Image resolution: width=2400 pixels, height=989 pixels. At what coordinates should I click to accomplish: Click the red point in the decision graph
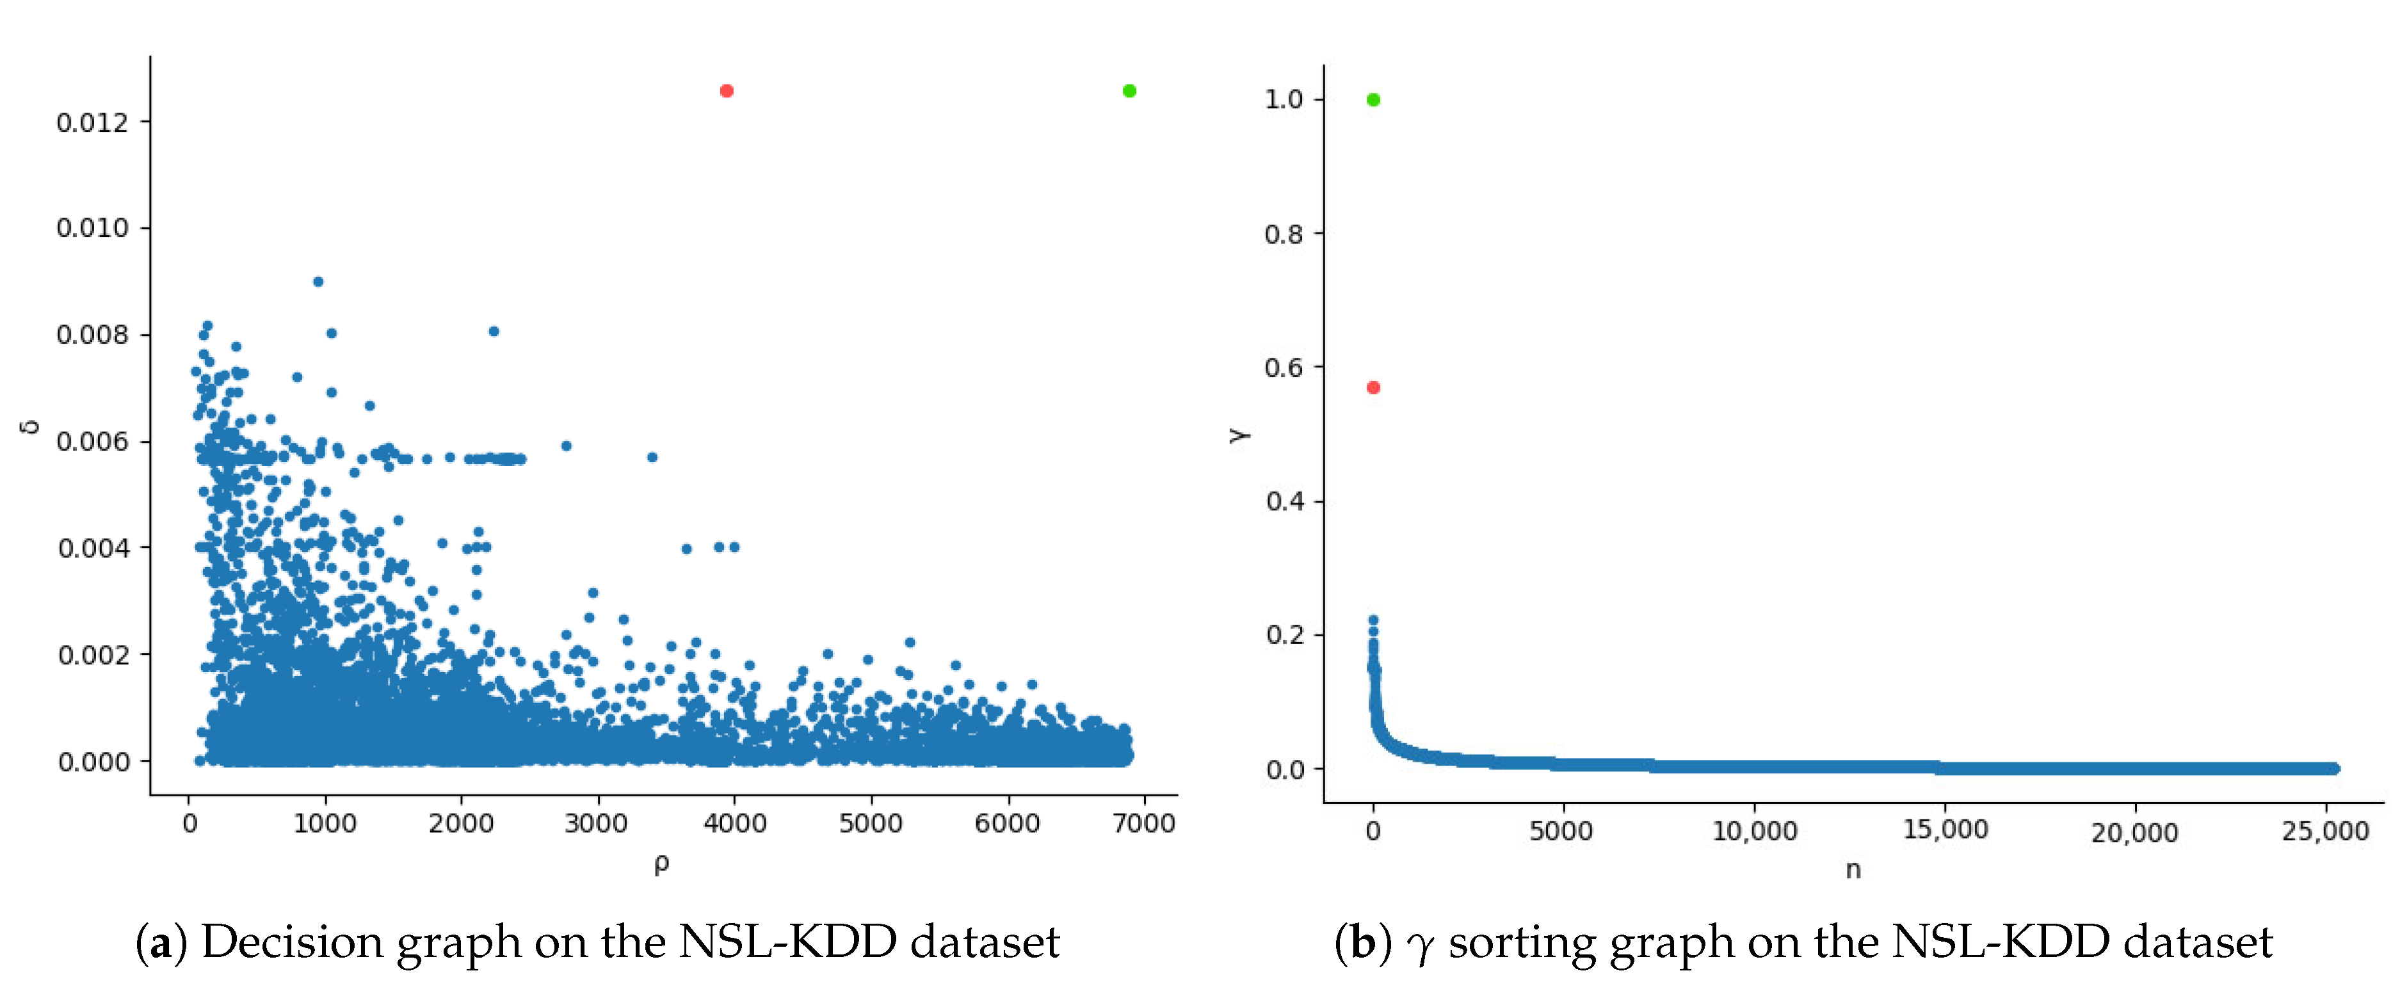pos(727,90)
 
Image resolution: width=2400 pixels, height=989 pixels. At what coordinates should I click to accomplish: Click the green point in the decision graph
pos(1129,90)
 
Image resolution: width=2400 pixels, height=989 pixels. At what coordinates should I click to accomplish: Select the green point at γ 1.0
pos(1373,100)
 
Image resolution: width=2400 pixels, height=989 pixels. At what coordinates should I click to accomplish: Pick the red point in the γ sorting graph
pos(1373,387)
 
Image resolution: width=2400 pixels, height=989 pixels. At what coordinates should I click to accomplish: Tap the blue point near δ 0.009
pos(318,281)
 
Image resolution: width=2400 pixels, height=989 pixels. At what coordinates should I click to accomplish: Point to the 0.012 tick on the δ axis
pos(92,122)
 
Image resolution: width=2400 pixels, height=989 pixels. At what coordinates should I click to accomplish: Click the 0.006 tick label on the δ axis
pos(92,442)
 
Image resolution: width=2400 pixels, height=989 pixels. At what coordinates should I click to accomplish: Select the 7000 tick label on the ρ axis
pos(1143,823)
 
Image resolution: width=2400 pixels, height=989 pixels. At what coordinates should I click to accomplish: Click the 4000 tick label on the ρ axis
pos(734,823)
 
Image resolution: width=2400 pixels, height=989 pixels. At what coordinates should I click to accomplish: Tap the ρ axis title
pos(661,864)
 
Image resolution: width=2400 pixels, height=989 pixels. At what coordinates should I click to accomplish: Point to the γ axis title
pos(1238,434)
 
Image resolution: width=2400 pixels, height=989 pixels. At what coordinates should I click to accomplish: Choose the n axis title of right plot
pos(1853,870)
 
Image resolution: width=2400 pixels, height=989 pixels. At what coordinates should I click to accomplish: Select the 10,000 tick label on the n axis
pos(1754,831)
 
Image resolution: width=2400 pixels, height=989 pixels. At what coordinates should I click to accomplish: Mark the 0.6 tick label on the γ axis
pos(1283,368)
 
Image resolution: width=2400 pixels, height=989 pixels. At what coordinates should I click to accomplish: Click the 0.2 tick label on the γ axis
pos(1283,635)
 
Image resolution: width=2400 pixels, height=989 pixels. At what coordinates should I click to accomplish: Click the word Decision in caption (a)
pos(293,942)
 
